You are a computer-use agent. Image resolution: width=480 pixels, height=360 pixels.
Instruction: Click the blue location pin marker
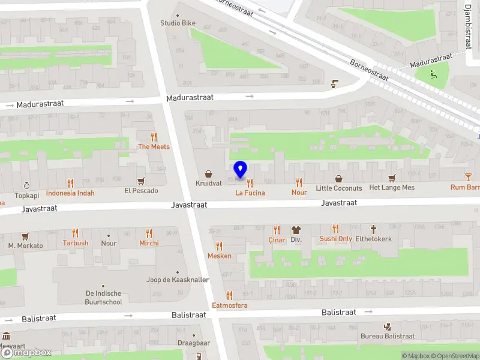[240, 170]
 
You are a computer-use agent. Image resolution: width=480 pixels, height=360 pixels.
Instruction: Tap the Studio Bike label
[178, 23]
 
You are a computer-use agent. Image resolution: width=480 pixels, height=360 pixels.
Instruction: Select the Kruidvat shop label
[208, 183]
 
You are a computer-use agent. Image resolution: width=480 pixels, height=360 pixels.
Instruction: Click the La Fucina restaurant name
[250, 193]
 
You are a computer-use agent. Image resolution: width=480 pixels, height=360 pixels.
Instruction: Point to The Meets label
[154, 146]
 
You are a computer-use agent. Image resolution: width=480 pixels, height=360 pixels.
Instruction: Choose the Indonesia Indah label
[70, 193]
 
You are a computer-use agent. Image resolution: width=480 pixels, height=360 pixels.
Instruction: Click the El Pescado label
[141, 191]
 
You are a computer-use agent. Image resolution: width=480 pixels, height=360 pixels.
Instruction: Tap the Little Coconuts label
[339, 188]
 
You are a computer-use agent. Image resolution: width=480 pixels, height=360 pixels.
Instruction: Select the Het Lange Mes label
[391, 188]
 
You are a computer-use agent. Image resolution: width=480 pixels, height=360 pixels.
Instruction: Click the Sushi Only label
[335, 239]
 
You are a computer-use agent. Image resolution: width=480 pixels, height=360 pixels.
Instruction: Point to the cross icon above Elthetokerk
[373, 229]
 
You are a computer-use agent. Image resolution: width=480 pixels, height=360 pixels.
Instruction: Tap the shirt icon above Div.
[295, 229]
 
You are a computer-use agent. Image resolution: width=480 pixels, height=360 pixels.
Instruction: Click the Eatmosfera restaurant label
[229, 305]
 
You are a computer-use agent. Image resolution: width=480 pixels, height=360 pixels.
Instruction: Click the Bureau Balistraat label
[388, 337]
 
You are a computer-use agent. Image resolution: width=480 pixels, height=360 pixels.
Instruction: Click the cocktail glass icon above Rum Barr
[468, 177]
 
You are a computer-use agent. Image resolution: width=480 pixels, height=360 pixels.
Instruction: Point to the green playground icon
[433, 74]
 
